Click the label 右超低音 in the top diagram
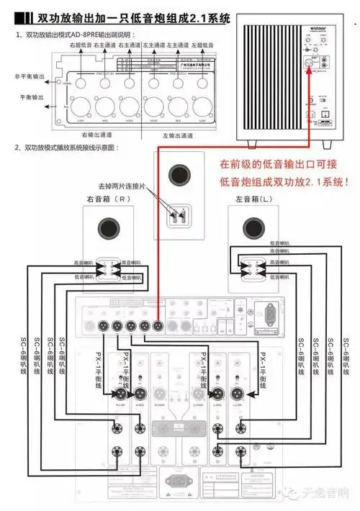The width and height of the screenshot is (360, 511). click(x=81, y=45)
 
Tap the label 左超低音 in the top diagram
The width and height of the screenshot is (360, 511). click(x=204, y=45)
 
